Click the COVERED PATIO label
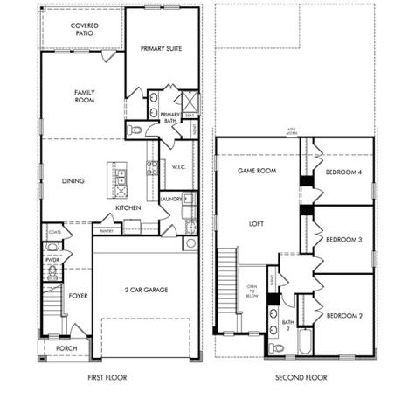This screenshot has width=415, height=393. coord(85,31)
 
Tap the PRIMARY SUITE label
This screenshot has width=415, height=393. coord(162,49)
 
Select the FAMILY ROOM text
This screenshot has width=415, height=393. coord(85,97)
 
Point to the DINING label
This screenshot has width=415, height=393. coord(73,181)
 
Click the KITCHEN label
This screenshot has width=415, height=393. coord(128,207)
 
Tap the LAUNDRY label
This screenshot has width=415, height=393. coord(171,200)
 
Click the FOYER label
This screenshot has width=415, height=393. coord(79,297)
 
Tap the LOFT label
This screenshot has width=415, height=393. coord(256,223)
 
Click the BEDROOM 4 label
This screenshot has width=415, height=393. coord(343,173)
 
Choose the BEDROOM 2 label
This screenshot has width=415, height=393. coord(343,315)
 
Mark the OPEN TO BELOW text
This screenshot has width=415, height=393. coord(252,291)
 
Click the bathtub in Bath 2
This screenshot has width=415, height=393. coord(305,340)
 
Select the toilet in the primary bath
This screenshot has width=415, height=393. coord(135,130)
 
